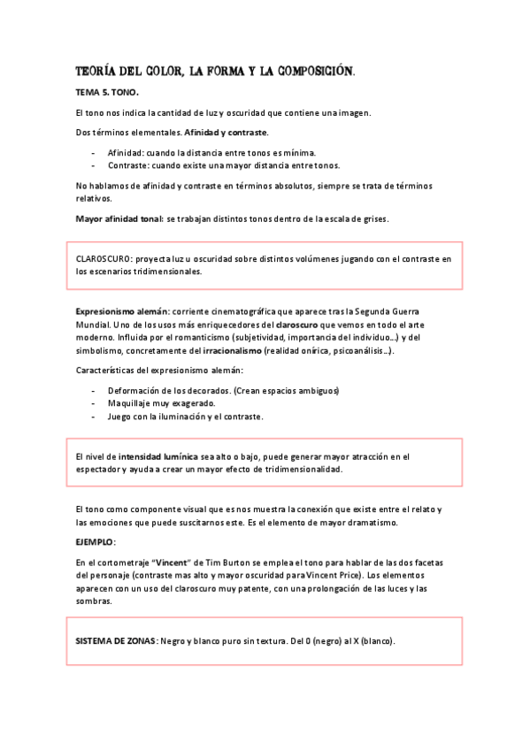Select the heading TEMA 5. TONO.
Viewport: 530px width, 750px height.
click(x=107, y=91)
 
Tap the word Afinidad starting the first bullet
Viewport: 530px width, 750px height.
click(x=127, y=152)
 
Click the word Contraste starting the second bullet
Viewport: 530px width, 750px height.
click(x=128, y=165)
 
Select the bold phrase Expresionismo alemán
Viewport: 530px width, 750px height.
click(x=120, y=313)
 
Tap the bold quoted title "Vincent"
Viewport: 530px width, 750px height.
click(x=174, y=562)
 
